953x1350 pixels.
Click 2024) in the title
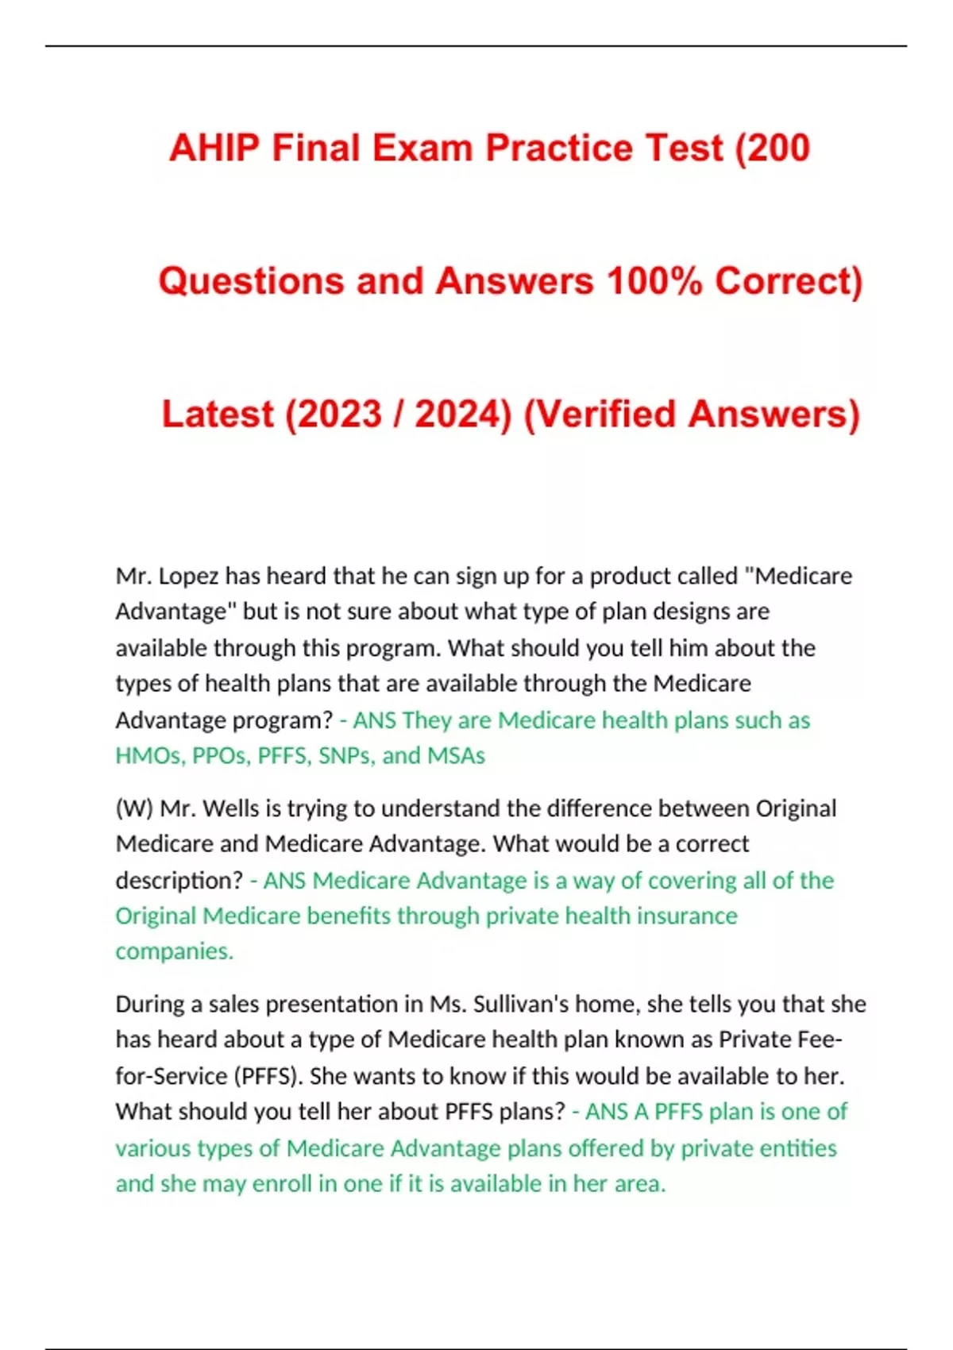[x=463, y=415]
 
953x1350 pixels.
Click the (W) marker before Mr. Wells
[x=134, y=808]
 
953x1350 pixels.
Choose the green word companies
[x=174, y=951]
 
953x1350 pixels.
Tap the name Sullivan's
[x=521, y=1005]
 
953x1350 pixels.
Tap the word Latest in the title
[x=217, y=415]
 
